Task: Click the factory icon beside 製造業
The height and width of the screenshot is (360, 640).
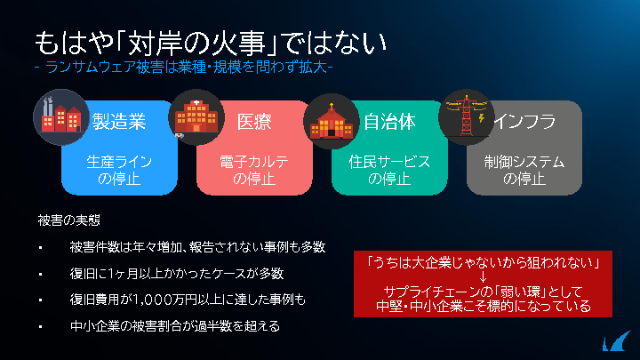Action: pos(61,117)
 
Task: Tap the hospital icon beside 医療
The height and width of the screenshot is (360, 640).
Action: pos(196,117)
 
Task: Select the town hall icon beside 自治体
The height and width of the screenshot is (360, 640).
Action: pos(332,121)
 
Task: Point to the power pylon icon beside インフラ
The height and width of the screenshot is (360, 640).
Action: pos(466,117)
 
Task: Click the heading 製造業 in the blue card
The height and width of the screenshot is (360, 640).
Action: pos(119,122)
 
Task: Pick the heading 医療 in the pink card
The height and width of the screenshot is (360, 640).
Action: pos(254,122)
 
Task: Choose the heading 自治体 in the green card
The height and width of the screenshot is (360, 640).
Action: pos(390,122)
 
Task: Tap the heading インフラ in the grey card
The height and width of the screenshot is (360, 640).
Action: pos(525,121)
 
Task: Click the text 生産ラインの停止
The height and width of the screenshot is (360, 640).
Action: pos(119,170)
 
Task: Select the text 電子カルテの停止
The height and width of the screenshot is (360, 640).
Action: pos(254,170)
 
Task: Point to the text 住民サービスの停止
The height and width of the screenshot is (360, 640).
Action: pos(389,170)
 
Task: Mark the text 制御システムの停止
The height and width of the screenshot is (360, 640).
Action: pos(524,170)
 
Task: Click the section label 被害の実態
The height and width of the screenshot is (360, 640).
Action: pos(69,220)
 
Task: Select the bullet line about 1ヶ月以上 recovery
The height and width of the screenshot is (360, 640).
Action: pos(177,274)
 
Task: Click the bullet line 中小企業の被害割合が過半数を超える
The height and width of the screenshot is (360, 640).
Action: pos(175,326)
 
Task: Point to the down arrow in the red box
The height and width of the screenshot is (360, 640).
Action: pos(483,277)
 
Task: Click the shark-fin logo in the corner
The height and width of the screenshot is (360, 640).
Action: pos(616,341)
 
